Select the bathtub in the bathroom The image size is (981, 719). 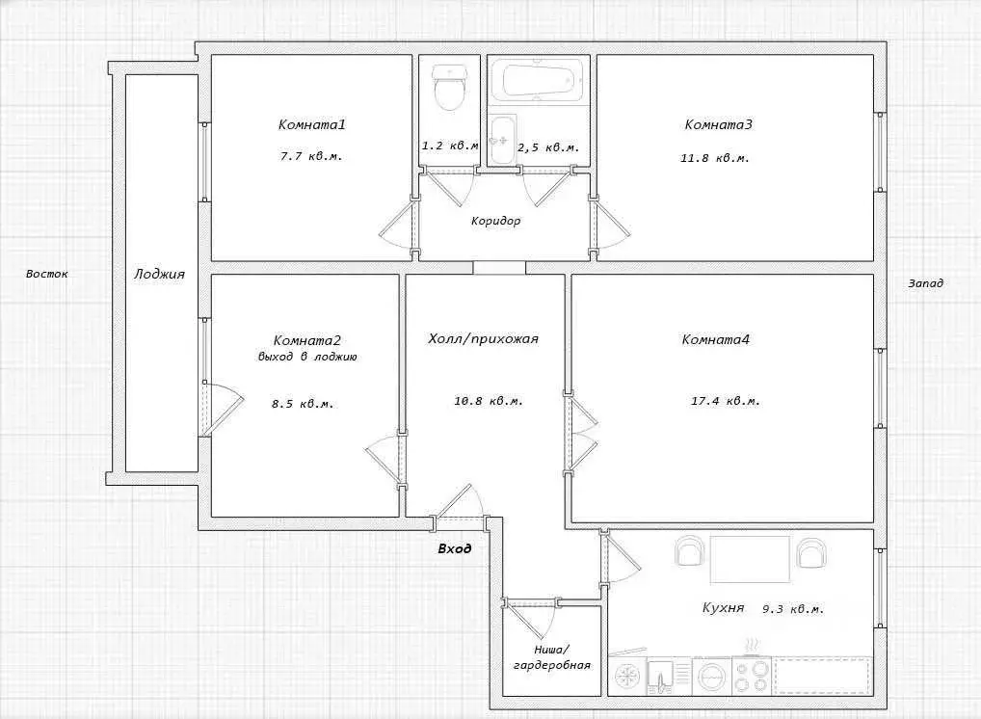538,79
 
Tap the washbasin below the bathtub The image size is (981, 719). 502,140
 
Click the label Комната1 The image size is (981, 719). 311,124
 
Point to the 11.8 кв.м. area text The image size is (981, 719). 714,158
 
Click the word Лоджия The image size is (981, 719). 160,274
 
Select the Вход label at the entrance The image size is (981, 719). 454,548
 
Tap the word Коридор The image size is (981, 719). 495,221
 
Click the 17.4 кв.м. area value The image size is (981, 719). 725,401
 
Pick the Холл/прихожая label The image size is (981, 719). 483,339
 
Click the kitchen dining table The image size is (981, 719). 750,559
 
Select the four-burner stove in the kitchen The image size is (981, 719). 751,676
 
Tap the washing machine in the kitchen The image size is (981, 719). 711,676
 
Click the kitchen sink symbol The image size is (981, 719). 660,676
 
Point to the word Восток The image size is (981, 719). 47,274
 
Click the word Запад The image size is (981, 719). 926,283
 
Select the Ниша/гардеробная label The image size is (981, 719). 552,657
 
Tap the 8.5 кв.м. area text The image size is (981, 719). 303,404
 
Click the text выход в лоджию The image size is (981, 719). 307,357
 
